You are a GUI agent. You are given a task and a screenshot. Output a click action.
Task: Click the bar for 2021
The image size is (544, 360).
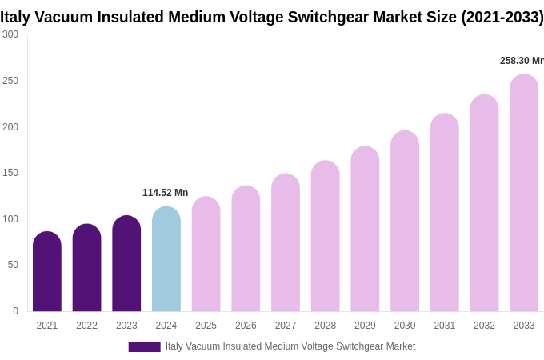click(47, 272)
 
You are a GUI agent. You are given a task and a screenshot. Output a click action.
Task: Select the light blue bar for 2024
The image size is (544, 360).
click(166, 259)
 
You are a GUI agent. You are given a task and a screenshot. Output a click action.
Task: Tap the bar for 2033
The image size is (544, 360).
click(524, 193)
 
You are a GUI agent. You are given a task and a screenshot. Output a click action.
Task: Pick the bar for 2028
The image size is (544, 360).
click(325, 236)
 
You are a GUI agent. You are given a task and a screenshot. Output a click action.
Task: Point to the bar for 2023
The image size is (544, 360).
click(126, 264)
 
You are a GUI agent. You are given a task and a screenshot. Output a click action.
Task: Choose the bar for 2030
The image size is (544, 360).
click(405, 222)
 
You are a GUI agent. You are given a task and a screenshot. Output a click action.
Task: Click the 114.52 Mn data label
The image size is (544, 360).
click(165, 193)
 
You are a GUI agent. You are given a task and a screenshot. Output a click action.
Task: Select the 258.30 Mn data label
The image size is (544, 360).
click(521, 61)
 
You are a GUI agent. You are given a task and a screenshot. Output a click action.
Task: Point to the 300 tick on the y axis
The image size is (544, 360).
click(10, 34)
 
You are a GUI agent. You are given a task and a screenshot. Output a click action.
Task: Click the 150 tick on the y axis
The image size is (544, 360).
click(10, 173)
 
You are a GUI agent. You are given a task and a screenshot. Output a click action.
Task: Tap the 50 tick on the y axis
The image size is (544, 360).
click(13, 265)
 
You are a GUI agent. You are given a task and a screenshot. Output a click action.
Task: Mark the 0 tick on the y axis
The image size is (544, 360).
click(15, 311)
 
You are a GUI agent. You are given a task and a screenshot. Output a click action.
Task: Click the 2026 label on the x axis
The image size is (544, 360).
click(246, 326)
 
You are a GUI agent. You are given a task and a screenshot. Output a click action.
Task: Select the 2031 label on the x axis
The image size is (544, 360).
click(445, 326)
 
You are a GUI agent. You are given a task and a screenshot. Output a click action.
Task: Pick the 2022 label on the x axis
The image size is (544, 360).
click(86, 326)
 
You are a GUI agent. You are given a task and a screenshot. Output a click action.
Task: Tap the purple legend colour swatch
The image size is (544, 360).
click(144, 347)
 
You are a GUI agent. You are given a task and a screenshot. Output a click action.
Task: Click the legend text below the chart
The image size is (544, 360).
click(290, 346)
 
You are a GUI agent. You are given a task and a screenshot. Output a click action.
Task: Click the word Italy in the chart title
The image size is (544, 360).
click(17, 17)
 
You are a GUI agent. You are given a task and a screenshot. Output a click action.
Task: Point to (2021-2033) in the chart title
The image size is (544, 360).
click(502, 17)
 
